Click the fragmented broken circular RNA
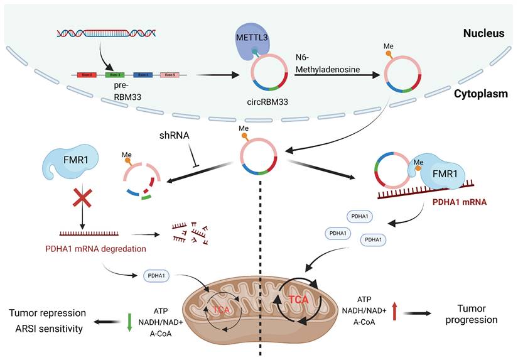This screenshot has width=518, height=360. pos(144,178)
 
